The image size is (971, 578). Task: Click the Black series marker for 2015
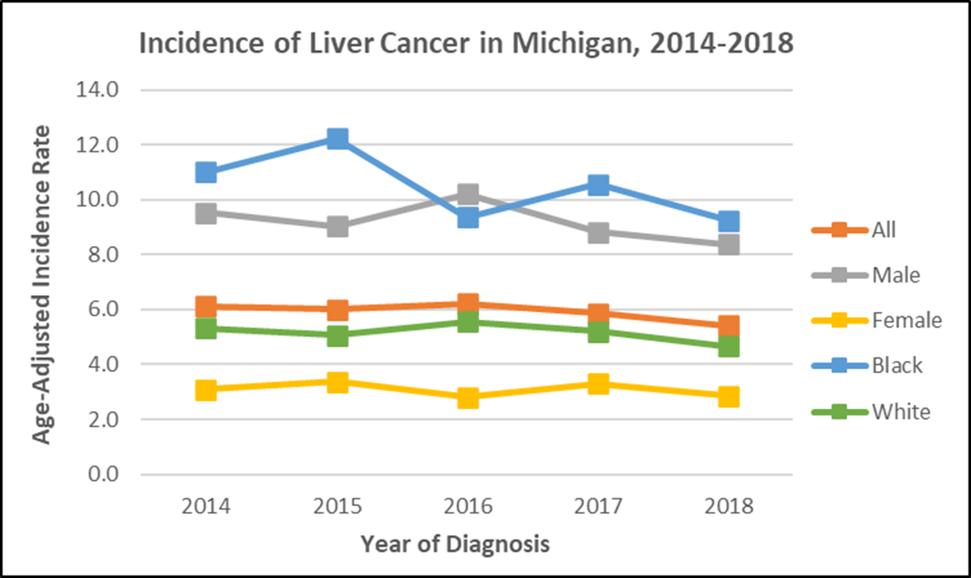(336, 138)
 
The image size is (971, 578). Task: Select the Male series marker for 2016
(468, 195)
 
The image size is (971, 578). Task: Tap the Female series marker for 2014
(206, 390)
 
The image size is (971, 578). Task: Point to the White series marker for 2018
(728, 346)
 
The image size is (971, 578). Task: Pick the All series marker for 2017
(598, 313)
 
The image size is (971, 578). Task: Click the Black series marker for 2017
(598, 184)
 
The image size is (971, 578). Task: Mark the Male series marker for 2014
(206, 213)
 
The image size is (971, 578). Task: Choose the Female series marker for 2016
(468, 397)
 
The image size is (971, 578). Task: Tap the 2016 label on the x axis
(468, 506)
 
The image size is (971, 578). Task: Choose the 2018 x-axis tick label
(728, 506)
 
